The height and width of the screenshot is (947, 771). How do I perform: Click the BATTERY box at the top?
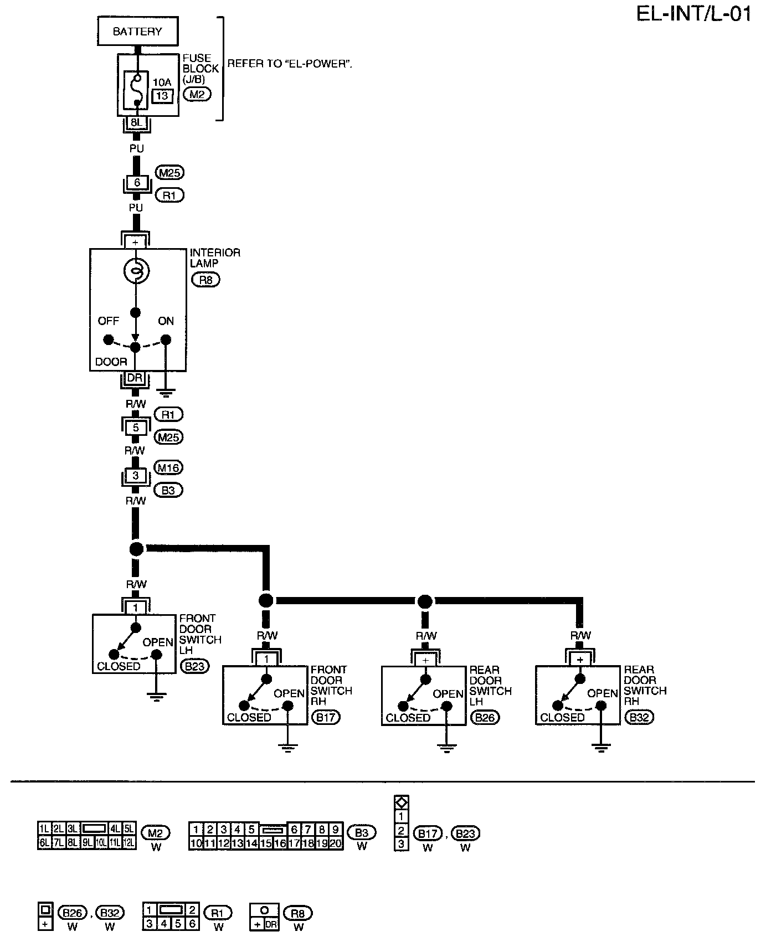(x=137, y=32)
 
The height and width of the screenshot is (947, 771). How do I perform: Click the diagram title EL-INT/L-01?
(x=693, y=14)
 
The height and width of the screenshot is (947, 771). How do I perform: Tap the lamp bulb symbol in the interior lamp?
(x=136, y=271)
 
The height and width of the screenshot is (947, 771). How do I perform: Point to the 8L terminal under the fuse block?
(x=136, y=122)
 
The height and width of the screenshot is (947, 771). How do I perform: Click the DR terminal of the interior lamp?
(x=135, y=378)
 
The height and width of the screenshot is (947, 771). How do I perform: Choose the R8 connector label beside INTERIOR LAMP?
(x=205, y=280)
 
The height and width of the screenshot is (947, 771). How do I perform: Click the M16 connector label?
(x=168, y=468)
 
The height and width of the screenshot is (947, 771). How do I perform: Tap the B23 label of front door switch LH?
(x=195, y=666)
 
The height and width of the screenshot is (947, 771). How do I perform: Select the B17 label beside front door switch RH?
(x=326, y=718)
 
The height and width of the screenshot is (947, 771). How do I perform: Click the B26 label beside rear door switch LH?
(x=485, y=718)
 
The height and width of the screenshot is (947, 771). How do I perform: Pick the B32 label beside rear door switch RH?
(x=639, y=718)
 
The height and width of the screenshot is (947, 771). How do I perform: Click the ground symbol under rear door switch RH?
(x=600, y=748)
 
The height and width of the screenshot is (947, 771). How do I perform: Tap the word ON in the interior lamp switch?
(x=166, y=321)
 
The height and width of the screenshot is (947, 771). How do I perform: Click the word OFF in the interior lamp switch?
(x=109, y=321)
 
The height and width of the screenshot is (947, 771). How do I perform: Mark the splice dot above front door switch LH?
(x=136, y=549)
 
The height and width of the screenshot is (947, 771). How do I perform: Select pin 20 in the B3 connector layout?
(x=336, y=843)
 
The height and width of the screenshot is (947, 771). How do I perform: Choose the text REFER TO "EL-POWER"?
(x=290, y=64)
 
